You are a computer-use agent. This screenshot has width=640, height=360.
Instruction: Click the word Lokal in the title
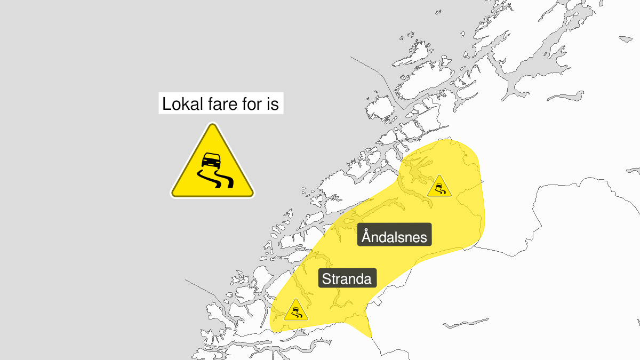tap(181, 104)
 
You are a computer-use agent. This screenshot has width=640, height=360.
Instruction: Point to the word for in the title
tap(250, 104)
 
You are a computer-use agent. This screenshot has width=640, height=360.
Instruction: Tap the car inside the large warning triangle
tap(212, 159)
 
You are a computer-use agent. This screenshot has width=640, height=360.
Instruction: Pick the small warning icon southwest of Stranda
tap(295, 311)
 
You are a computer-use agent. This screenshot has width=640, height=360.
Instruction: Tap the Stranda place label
tap(347, 278)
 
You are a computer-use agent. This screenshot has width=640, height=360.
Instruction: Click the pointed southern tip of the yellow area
tap(369, 335)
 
